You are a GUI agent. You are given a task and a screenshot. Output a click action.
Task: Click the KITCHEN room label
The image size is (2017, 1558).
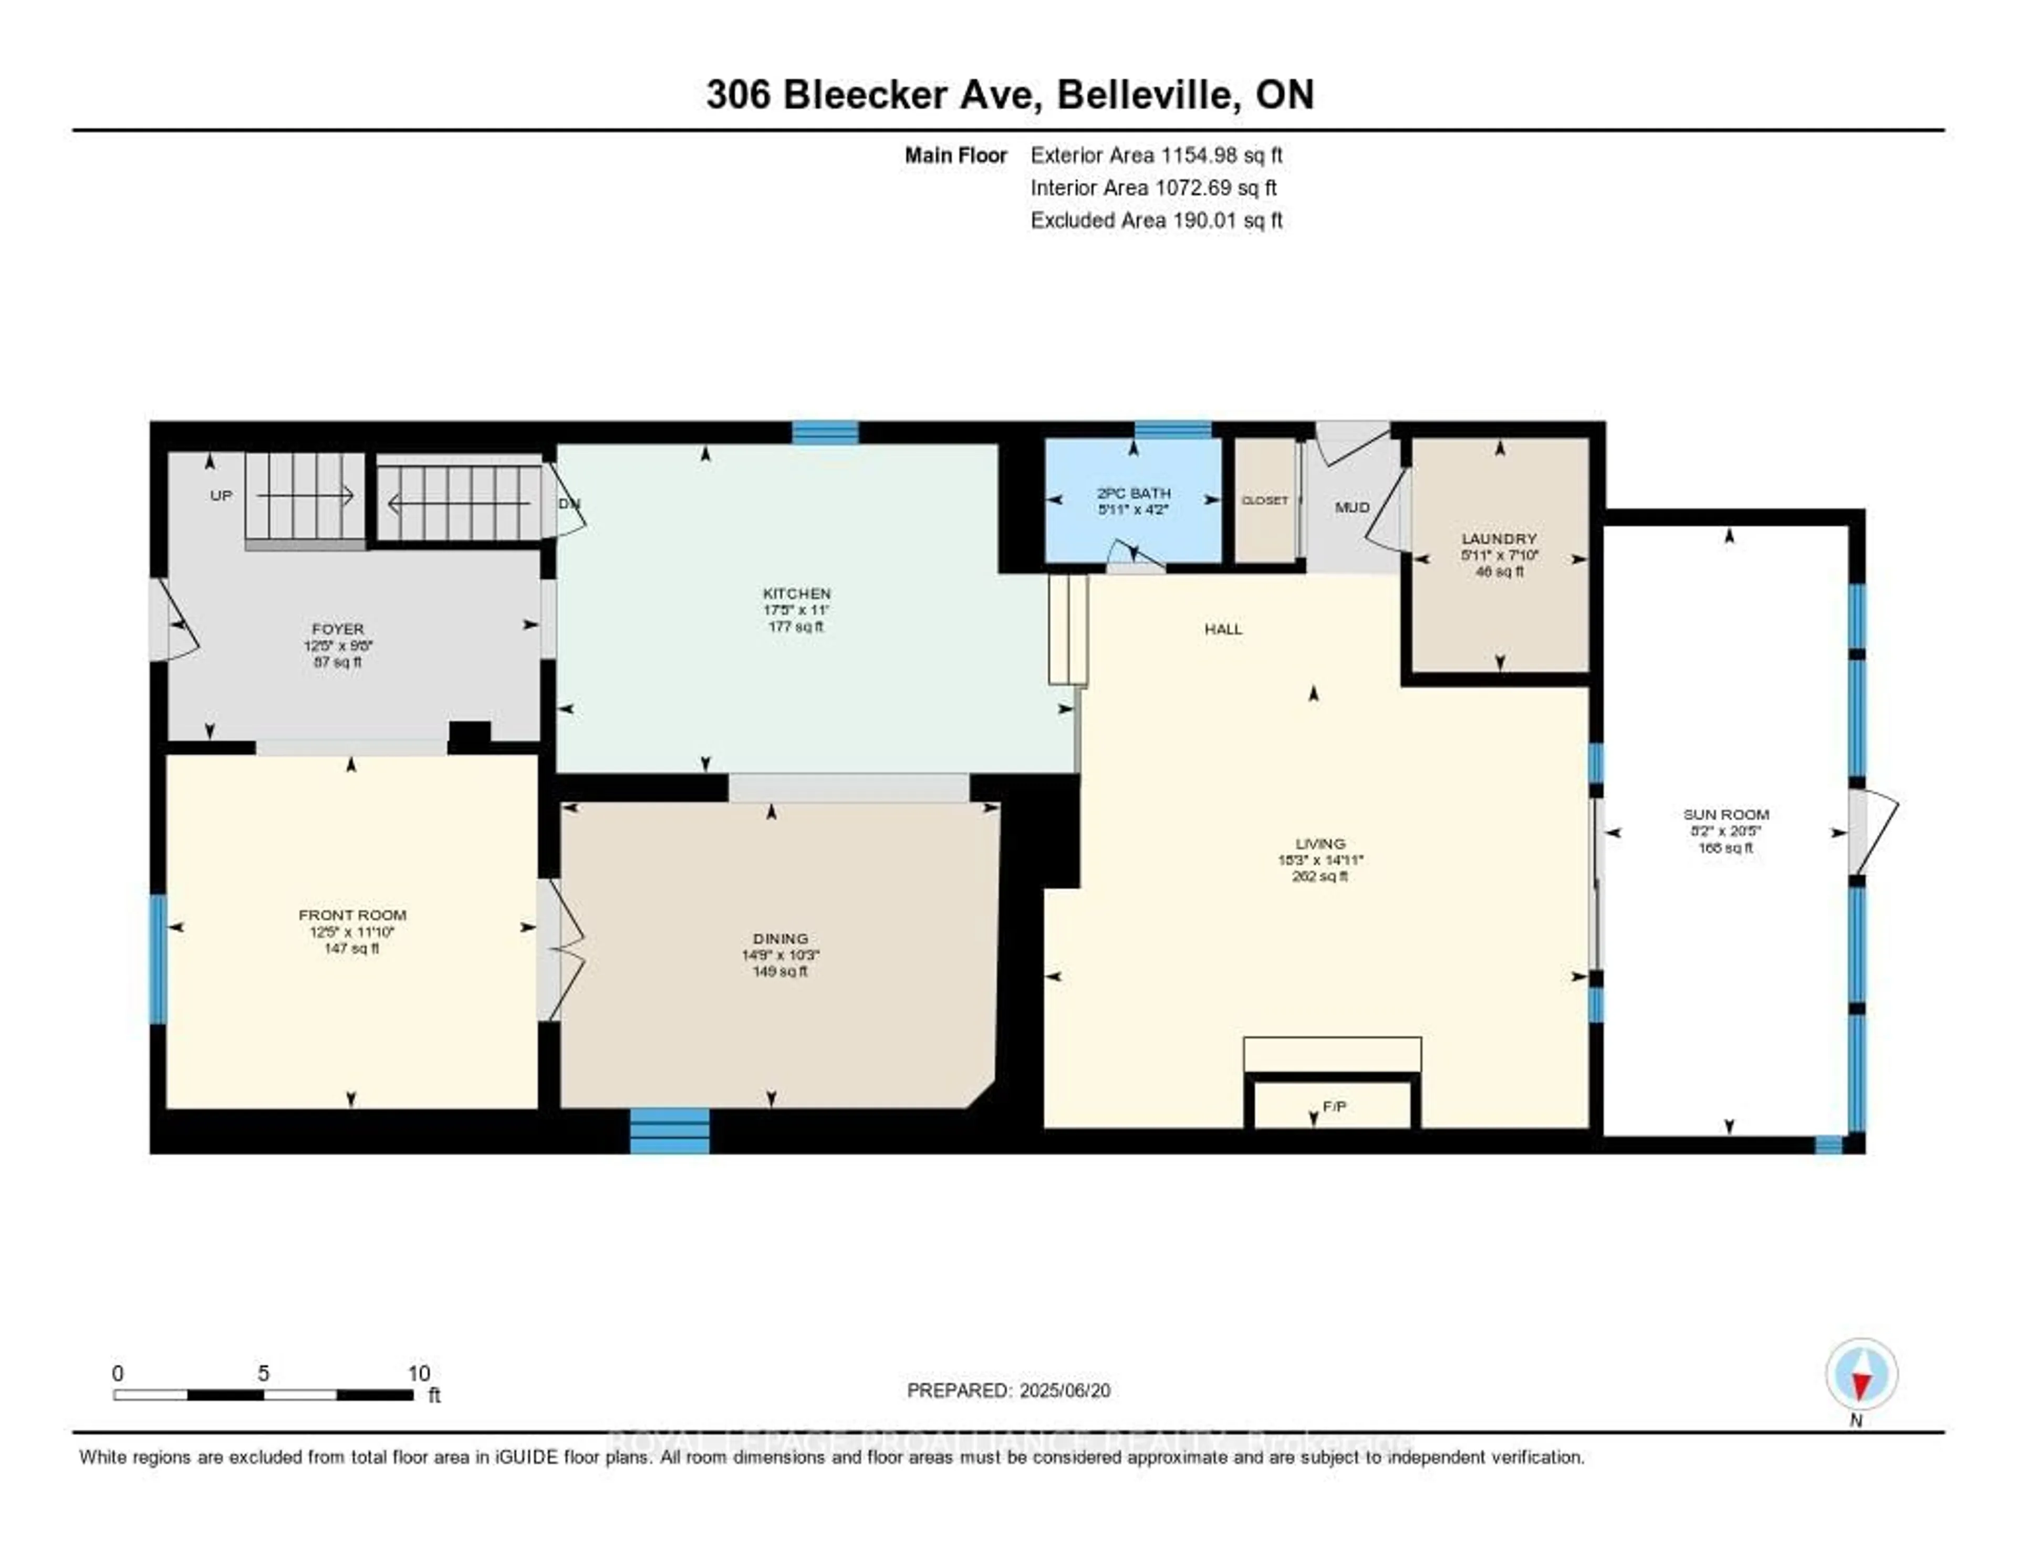[796, 593]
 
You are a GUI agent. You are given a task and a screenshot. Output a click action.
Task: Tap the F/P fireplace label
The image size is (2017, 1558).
[1334, 1106]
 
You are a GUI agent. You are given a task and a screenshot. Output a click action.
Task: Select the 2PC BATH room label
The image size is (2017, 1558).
[1133, 493]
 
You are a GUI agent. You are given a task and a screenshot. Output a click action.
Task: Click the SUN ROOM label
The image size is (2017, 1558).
[1725, 814]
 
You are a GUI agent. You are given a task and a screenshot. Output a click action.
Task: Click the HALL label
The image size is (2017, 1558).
[1223, 629]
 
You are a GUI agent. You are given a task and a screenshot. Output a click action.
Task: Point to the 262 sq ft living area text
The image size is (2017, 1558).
[1320, 876]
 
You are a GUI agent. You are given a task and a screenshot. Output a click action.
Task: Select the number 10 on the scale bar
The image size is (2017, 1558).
[418, 1373]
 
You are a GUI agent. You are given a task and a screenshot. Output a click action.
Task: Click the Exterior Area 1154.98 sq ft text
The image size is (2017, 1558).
[1156, 155]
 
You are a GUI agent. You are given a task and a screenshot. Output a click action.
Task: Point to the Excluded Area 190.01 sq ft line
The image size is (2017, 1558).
[1156, 220]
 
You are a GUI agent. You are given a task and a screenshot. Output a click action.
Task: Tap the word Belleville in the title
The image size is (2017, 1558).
[1148, 94]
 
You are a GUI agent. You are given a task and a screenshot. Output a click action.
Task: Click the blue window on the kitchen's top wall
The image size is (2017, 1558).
[825, 432]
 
